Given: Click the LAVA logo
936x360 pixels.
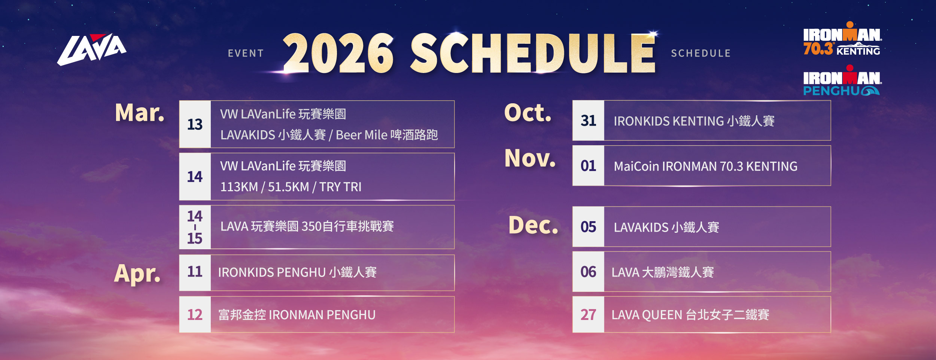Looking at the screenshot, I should tap(92, 49).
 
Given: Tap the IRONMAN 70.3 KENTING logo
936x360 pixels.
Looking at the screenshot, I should tap(842, 39).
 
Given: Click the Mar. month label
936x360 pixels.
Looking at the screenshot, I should tap(140, 113).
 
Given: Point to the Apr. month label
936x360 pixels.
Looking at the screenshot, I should tap(137, 274).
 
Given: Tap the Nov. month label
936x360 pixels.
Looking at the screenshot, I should tap(530, 158).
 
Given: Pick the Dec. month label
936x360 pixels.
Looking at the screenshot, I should tap(533, 225).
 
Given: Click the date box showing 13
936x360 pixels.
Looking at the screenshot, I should tap(195, 124).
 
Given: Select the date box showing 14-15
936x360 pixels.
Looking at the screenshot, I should tap(195, 227).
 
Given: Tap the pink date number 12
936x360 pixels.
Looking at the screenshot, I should tap(195, 315).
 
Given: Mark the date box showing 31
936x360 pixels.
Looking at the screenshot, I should tap(588, 120).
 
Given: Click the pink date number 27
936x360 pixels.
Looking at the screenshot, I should tap(588, 315).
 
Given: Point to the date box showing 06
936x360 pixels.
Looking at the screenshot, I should tap(588, 272).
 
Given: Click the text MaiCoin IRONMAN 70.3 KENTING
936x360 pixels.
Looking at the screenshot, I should tap(705, 166).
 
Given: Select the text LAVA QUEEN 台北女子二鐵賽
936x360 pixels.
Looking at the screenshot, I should tap(690, 315).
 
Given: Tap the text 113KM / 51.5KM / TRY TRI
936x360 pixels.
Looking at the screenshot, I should tap(291, 187).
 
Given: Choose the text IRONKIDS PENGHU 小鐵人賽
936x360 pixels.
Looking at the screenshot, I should tap(297, 272).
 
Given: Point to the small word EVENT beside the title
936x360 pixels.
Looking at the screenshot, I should tap(246, 54).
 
